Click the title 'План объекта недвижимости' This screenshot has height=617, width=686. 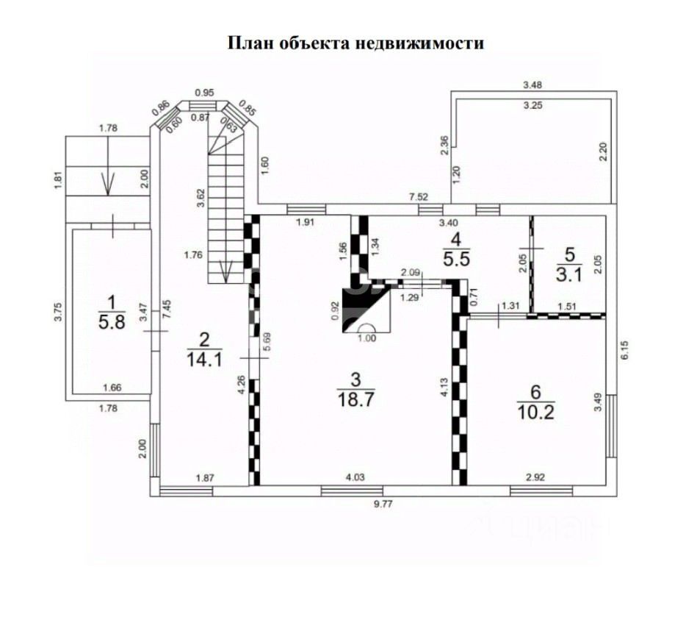pos(355,43)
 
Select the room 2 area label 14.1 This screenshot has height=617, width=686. pos(205,359)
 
